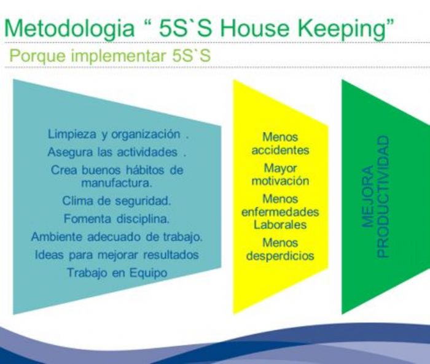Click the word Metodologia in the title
click(71, 28)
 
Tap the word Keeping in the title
click(349, 28)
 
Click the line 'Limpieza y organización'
click(117, 134)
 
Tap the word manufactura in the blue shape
click(117, 182)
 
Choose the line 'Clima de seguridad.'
click(117, 200)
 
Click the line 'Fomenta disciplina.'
click(117, 218)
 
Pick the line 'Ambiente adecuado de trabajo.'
click(117, 236)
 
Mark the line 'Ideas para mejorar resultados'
click(117, 254)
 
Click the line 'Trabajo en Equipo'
click(117, 273)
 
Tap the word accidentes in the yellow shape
click(280, 150)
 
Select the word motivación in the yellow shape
click(280, 181)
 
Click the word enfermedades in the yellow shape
click(280, 212)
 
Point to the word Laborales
click(280, 225)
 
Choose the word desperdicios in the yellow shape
click(280, 256)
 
